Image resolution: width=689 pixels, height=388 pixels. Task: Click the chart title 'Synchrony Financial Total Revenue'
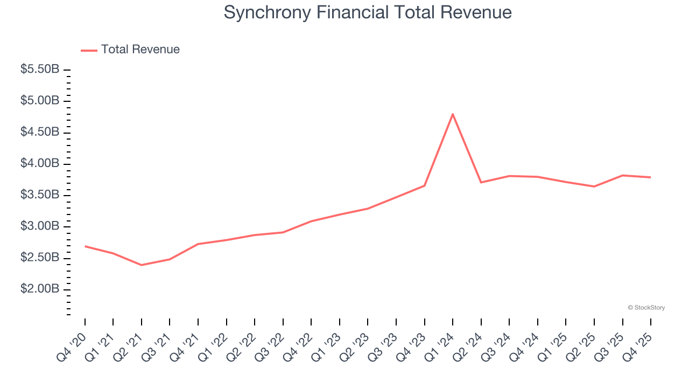pos(367,12)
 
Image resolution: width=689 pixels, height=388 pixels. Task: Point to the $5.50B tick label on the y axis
pos(40,70)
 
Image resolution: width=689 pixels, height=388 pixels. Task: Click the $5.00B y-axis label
pos(40,101)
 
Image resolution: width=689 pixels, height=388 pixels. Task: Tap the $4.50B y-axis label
pos(40,132)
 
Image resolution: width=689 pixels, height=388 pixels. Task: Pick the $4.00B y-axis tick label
pos(40,164)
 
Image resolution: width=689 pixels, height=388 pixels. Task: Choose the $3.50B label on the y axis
pos(40,195)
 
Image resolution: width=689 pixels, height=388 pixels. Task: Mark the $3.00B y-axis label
pos(40,226)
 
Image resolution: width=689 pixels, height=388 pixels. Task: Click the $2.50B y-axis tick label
pos(40,258)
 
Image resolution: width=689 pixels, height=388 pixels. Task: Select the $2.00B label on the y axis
pos(40,289)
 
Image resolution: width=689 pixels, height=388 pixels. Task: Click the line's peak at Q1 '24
pos(453,114)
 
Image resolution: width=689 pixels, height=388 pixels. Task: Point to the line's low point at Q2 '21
pos(142,265)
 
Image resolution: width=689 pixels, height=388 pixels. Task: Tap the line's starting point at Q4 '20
pos(85,246)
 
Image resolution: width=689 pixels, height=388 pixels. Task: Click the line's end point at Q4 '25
pos(650,177)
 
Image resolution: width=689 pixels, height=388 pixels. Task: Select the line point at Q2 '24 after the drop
pos(481,182)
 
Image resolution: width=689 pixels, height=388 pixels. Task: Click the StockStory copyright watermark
pos(646,308)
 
